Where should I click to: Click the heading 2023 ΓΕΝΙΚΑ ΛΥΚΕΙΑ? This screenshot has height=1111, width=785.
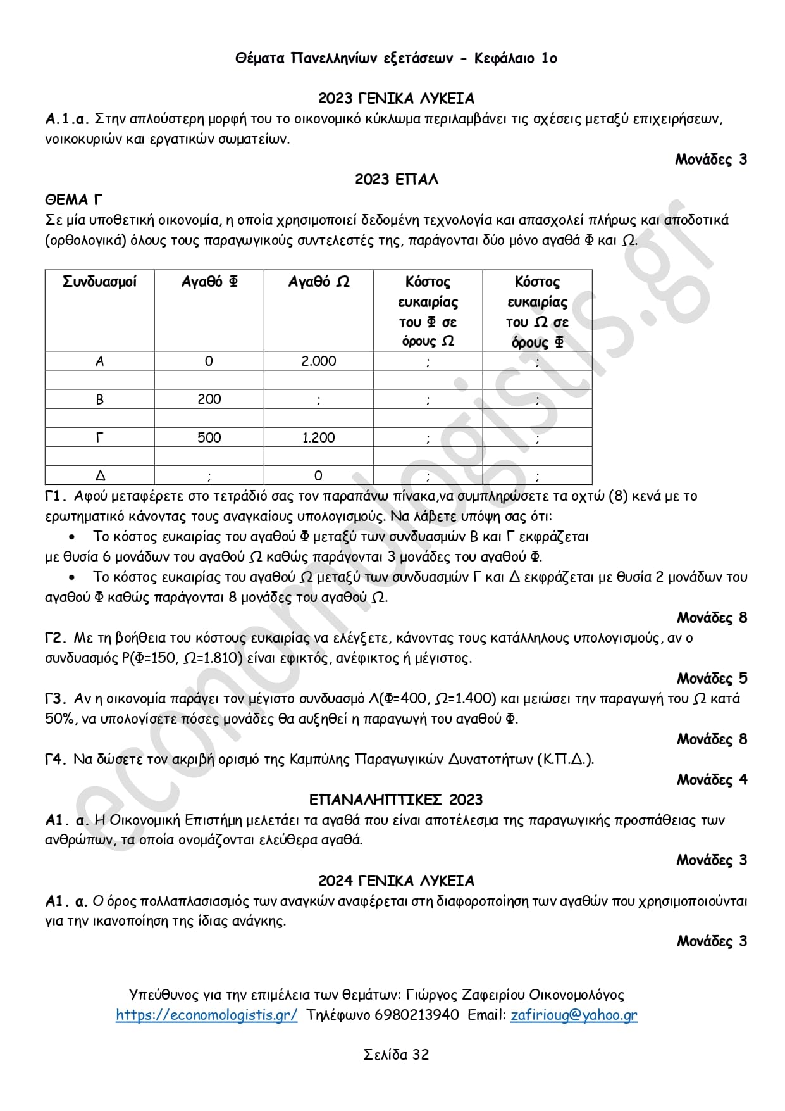point(396,98)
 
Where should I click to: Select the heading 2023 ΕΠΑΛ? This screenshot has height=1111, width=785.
point(396,179)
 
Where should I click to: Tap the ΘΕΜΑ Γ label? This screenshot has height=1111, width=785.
point(73,200)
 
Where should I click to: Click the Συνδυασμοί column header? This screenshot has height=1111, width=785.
point(99,282)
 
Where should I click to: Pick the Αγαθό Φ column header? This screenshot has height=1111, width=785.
point(209,282)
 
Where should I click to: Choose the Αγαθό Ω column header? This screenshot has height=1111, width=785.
point(318,282)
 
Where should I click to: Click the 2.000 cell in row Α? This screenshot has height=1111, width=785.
point(318,361)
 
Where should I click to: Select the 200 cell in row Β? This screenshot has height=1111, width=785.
point(209,399)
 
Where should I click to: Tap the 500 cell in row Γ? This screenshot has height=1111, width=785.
point(209,437)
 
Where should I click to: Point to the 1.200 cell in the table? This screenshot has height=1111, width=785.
point(318,437)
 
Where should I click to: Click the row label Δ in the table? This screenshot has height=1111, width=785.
point(99,475)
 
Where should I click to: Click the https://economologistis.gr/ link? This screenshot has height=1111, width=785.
point(206,1015)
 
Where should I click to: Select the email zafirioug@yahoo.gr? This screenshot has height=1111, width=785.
point(574,1015)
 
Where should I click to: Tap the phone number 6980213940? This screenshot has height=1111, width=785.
point(417,1015)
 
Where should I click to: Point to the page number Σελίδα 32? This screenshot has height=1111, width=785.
point(396,1055)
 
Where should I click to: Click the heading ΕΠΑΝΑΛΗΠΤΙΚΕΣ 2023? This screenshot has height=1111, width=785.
point(396,800)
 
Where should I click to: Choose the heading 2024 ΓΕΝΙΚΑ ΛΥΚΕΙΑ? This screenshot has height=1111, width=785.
point(396,881)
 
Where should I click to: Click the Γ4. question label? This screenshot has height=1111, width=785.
point(56,759)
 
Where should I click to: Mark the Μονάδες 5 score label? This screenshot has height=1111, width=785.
point(712,678)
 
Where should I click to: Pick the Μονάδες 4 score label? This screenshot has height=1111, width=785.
point(712,779)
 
